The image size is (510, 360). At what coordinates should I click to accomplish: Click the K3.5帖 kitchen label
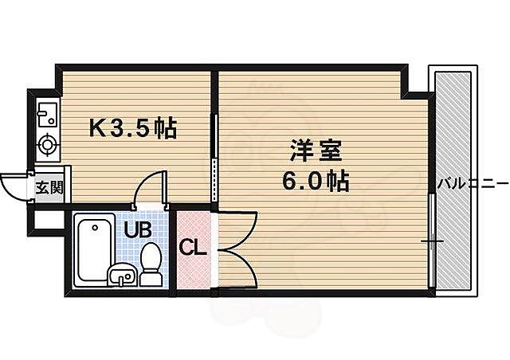[131, 126]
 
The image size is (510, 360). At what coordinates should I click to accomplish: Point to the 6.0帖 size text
[315, 182]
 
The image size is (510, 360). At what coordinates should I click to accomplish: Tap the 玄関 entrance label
[48, 188]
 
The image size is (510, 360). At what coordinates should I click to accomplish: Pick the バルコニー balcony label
[472, 184]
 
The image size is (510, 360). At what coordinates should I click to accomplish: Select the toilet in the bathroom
[151, 264]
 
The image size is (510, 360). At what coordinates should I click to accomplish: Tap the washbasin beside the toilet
[121, 275]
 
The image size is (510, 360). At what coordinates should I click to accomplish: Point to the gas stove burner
[48, 145]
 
